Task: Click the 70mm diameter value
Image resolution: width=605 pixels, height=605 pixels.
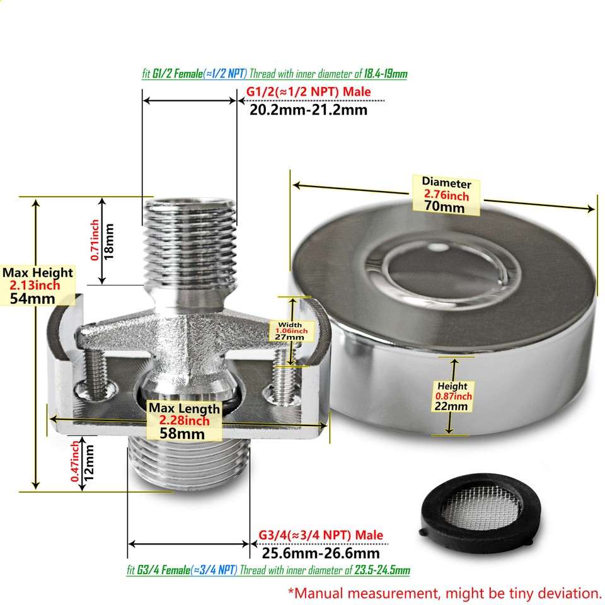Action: (446, 206)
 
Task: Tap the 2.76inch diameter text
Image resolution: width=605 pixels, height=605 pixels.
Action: (446, 195)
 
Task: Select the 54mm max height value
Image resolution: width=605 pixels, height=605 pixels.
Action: (33, 298)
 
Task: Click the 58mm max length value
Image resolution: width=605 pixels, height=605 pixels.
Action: (184, 433)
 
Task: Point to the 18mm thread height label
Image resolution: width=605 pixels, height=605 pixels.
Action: (110, 241)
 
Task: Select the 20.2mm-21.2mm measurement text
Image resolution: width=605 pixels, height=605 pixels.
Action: (308, 110)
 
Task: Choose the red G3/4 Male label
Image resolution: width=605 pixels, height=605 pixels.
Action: (320, 536)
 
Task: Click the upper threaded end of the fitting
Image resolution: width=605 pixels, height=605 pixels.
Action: (189, 239)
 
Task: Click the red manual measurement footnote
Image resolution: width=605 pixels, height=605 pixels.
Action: (444, 592)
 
